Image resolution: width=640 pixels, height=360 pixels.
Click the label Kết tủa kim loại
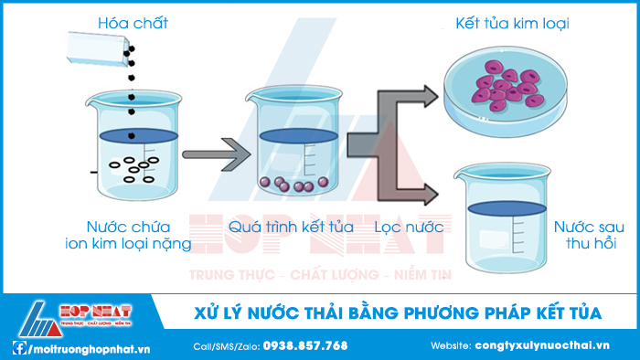click(x=512, y=23)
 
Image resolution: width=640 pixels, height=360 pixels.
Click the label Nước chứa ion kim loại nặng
click(x=128, y=234)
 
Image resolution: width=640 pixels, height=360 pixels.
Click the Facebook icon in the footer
click(x=18, y=347)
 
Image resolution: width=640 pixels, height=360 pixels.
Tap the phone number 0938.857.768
click(x=305, y=346)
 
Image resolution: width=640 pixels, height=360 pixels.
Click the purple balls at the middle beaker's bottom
click(x=290, y=185)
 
